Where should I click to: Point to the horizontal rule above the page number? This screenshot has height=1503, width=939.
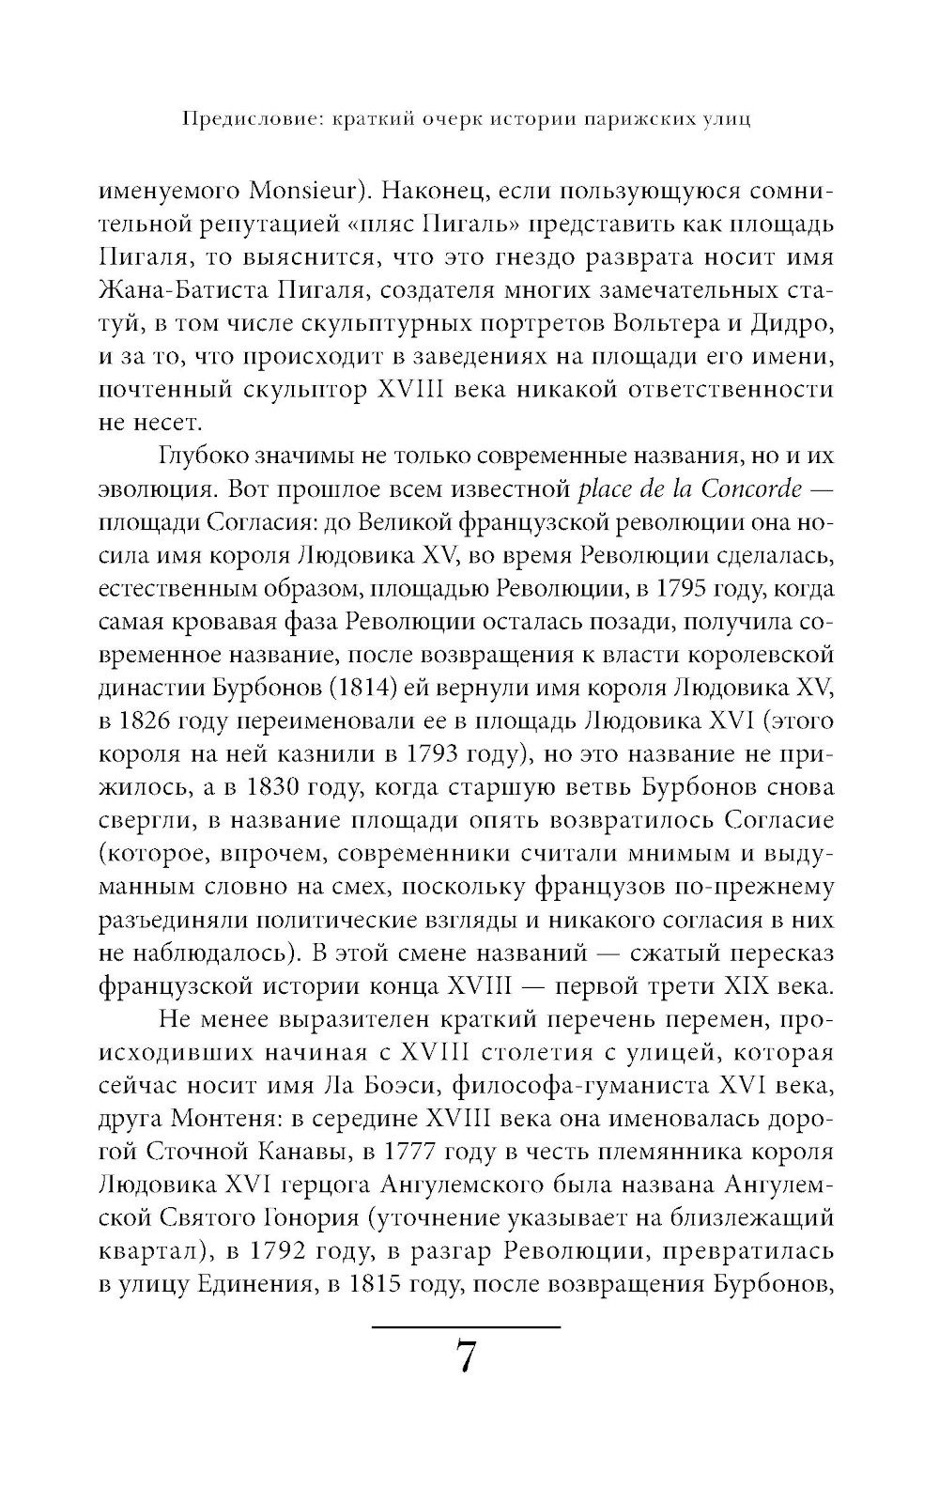pyautogui.click(x=467, y=1325)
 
